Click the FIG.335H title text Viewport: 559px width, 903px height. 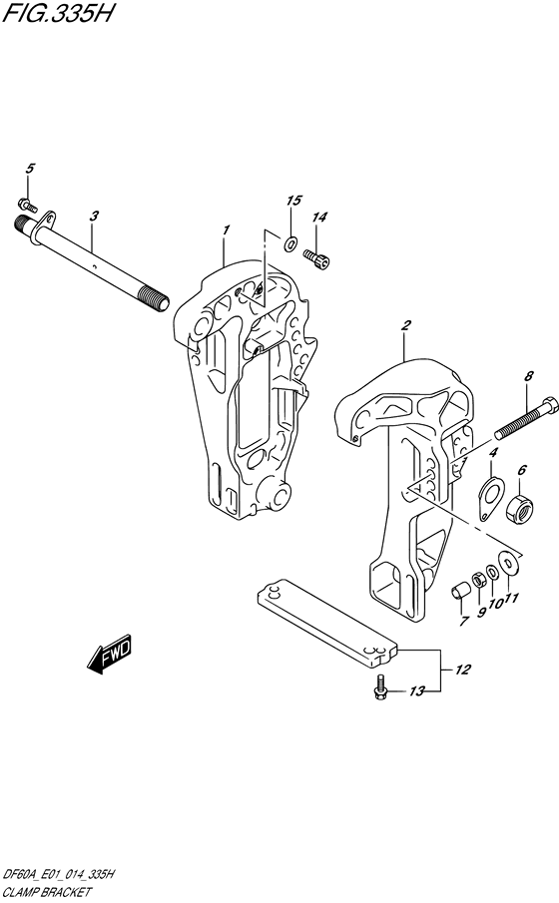[58, 13]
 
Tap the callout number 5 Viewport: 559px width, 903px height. [30, 169]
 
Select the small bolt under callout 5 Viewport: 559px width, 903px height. [28, 205]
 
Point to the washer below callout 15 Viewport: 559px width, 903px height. [290, 243]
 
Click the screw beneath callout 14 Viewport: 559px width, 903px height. [316, 258]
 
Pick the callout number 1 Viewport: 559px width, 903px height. [227, 229]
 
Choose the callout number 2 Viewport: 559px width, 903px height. [406, 325]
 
